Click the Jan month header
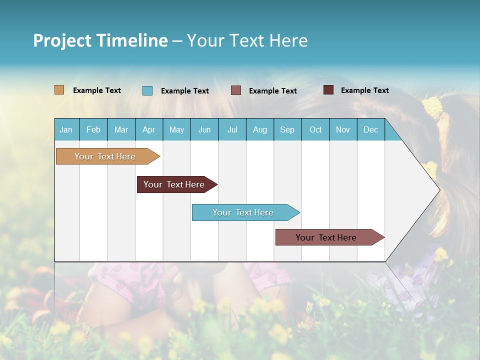click(x=66, y=129)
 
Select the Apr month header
click(x=148, y=129)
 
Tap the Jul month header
click(x=232, y=129)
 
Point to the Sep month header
click(x=287, y=129)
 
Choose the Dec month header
click(x=370, y=129)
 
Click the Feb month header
click(x=93, y=129)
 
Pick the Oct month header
click(x=315, y=129)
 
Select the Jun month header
click(x=204, y=129)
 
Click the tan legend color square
click(x=59, y=90)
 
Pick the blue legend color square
click(x=147, y=90)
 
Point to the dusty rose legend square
click(x=236, y=90)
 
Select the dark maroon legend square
click(x=328, y=90)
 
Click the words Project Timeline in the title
click(x=100, y=40)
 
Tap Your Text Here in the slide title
click(x=247, y=40)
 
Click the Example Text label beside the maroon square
click(x=364, y=90)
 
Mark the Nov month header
click(x=343, y=129)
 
